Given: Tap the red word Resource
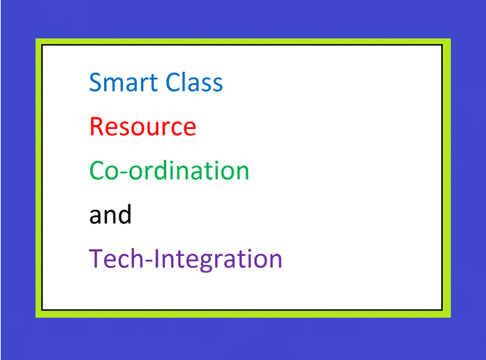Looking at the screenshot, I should click(142, 127).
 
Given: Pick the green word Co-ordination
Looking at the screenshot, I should click(169, 171).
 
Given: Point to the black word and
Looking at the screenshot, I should click(110, 215).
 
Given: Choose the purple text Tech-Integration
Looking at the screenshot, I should click(186, 260).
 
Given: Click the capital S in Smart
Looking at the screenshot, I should click(96, 83).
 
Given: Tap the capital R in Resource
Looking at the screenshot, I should click(96, 127).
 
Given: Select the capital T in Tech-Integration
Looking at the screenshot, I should click(96, 259).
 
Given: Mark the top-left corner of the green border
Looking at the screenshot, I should click(38, 40).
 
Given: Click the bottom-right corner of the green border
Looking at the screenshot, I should click(448, 315).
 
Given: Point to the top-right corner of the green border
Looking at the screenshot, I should click(448, 40).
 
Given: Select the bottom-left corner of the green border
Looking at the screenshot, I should click(38, 315).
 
